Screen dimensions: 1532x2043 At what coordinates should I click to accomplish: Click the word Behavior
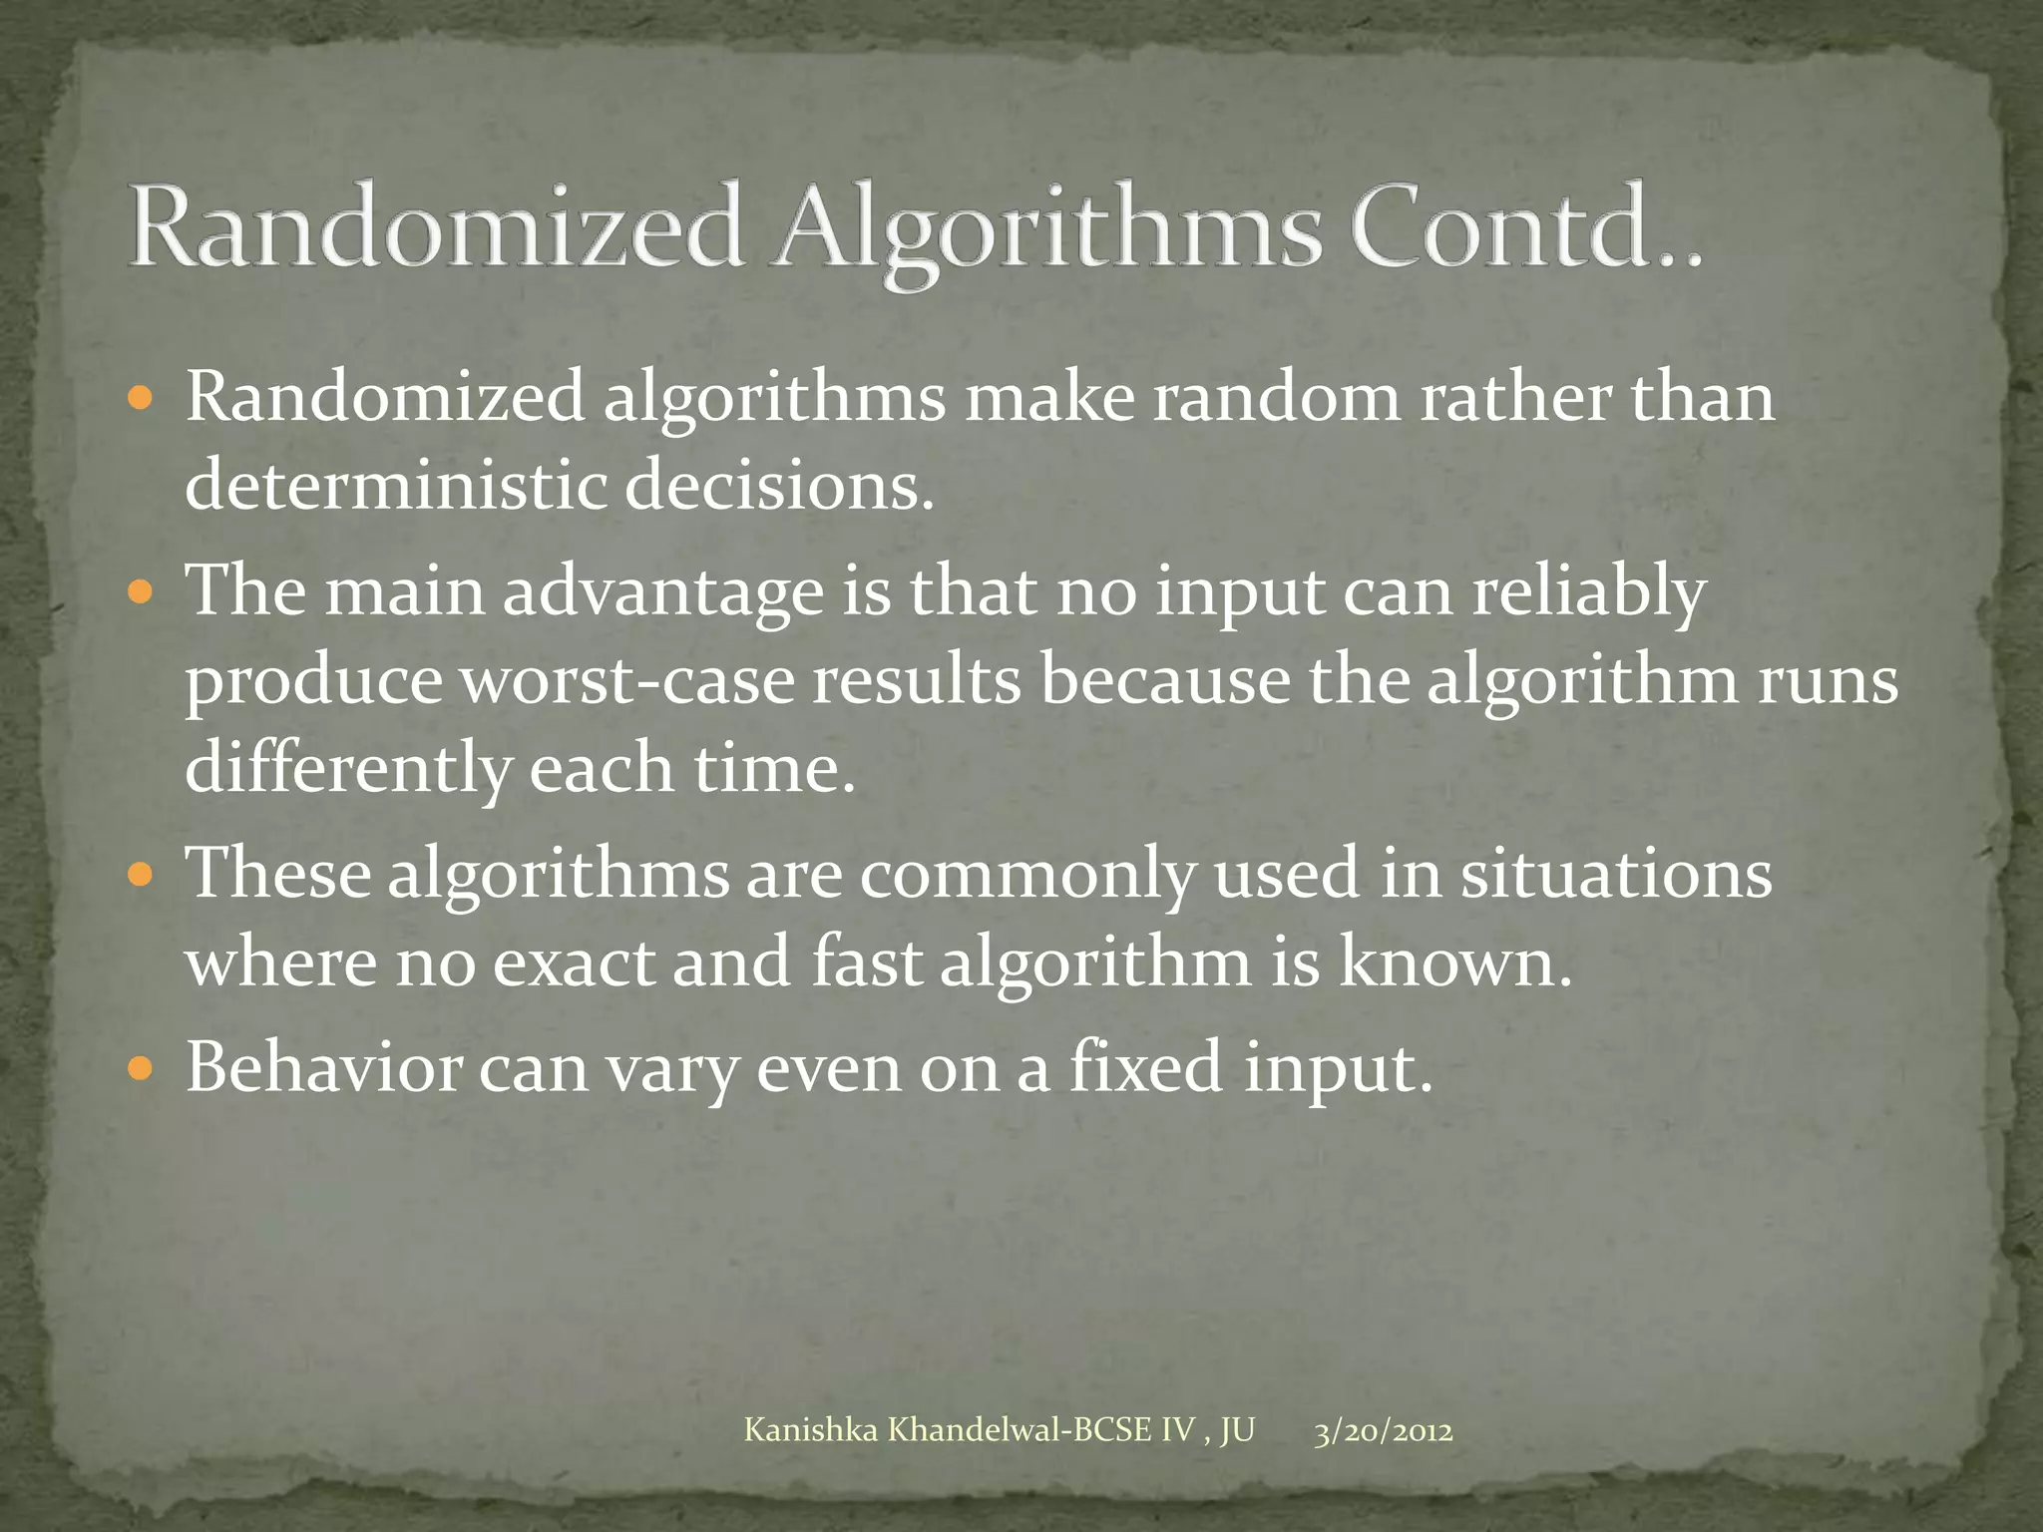pyautogui.click(x=323, y=1067)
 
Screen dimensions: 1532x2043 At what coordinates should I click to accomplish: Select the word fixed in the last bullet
pyautogui.click(x=1146, y=1067)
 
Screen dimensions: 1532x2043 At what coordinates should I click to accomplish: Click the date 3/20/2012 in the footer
pyautogui.click(x=1383, y=1432)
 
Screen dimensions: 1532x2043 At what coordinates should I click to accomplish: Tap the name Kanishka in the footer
pyautogui.click(x=811, y=1431)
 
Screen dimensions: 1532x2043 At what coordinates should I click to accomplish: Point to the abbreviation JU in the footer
pyautogui.click(x=1237, y=1431)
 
